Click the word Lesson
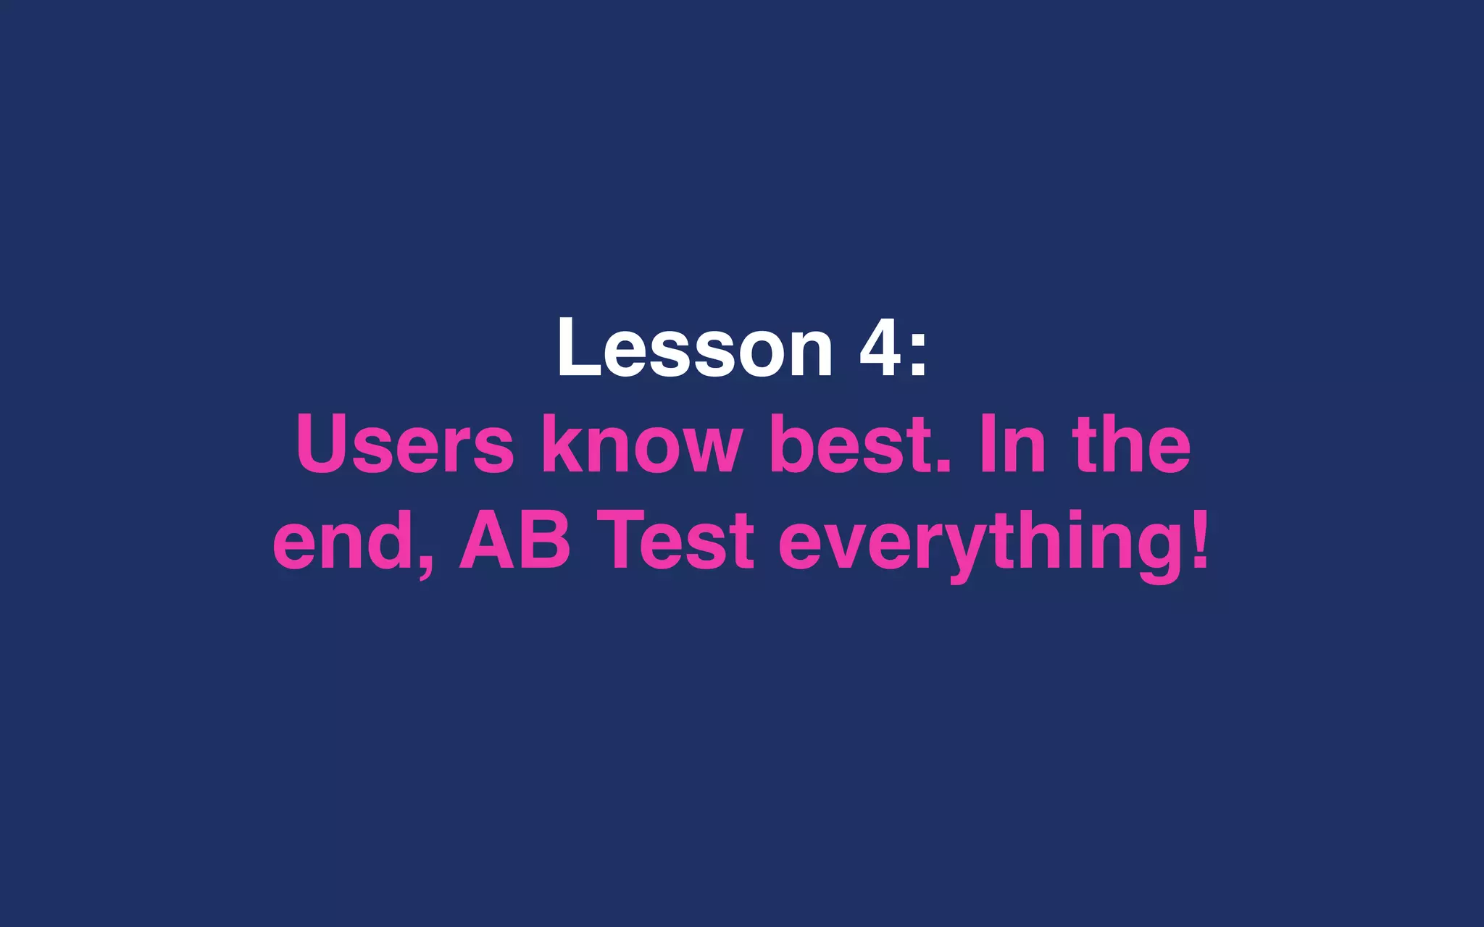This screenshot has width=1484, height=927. click(694, 348)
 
